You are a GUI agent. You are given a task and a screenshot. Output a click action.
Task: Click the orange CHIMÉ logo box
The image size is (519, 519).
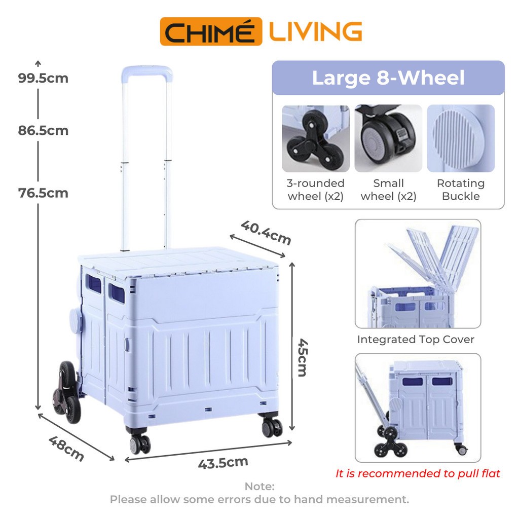(x=211, y=31)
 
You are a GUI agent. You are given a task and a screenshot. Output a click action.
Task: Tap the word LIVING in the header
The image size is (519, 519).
(x=315, y=31)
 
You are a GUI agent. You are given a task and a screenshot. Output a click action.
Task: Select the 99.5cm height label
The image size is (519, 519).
(x=43, y=78)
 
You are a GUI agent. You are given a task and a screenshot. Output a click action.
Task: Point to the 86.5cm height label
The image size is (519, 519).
(x=43, y=130)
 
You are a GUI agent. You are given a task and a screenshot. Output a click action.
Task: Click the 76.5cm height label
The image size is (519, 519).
(x=43, y=193)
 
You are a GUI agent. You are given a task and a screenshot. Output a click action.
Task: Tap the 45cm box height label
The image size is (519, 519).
(x=303, y=357)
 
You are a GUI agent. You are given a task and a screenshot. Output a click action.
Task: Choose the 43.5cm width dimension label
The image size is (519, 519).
(x=223, y=462)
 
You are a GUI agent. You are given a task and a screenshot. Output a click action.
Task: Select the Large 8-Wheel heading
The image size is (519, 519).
(x=388, y=78)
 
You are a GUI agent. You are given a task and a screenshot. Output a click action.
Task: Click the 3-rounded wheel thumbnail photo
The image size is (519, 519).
(x=316, y=138)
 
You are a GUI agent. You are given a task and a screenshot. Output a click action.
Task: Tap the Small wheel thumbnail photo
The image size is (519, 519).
(x=388, y=138)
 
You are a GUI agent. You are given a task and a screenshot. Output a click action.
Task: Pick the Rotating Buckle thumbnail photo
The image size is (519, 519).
(x=461, y=138)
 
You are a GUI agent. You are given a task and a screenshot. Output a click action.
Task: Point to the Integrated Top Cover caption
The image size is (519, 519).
(x=416, y=340)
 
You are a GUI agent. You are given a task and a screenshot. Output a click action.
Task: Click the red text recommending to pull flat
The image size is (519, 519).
(x=418, y=473)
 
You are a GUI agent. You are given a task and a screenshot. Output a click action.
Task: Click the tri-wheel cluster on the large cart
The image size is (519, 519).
(x=66, y=392)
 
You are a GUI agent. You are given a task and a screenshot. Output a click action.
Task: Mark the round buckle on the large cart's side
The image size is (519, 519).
(x=76, y=320)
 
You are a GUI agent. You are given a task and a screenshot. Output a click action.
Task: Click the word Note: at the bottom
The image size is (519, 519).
(x=259, y=486)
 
